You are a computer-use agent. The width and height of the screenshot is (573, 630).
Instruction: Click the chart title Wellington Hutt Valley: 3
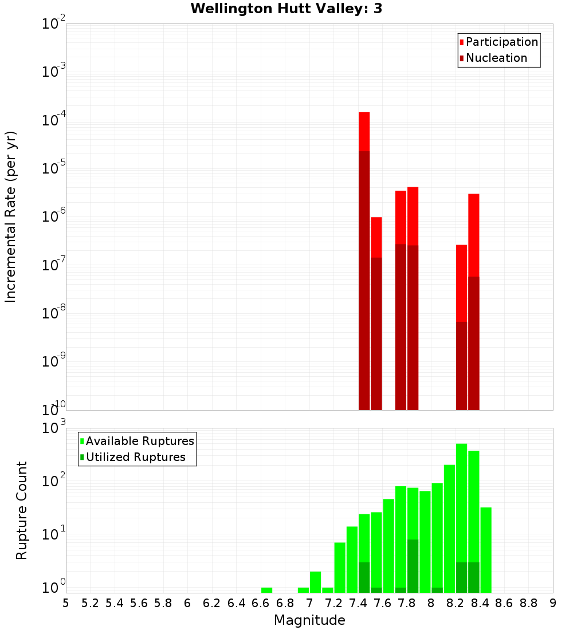286,9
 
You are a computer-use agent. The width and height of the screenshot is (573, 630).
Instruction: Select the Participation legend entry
502,42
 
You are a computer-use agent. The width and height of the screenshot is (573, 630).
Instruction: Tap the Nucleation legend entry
496,58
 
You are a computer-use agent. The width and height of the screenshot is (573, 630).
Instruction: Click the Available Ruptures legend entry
140,441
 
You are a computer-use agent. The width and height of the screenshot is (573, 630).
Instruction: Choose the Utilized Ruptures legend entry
135,457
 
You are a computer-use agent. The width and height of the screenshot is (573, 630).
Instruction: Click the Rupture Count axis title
22,510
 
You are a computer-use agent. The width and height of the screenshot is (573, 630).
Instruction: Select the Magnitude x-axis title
309,620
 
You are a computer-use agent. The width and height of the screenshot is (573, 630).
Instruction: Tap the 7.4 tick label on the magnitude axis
358,603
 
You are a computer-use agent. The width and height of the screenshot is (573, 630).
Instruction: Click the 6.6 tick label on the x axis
261,603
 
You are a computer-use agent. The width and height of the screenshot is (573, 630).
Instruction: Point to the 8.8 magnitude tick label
529,603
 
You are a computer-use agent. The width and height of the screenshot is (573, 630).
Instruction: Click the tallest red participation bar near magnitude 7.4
364,132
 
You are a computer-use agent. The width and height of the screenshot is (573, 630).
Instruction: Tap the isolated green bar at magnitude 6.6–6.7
266,590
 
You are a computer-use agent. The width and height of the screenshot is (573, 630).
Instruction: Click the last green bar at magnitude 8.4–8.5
486,550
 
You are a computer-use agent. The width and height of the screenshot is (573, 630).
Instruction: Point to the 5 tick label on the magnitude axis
66,603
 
